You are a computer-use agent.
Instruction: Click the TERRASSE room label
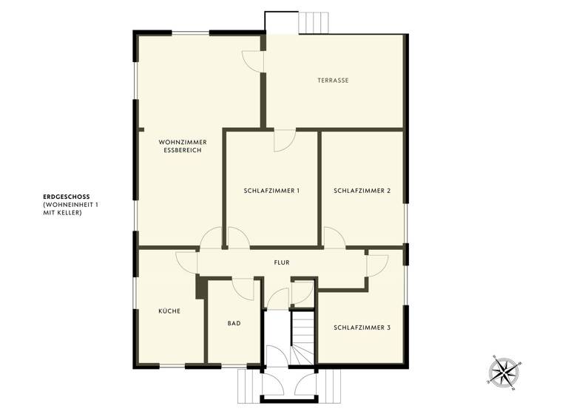(x=333, y=80)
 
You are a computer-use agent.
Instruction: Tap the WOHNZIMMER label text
(x=182, y=141)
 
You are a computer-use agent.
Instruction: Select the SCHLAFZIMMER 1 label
(x=271, y=191)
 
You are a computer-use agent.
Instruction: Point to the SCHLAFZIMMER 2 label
(x=362, y=191)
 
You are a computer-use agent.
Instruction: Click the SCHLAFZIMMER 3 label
(x=362, y=327)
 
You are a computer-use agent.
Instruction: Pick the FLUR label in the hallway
(x=281, y=262)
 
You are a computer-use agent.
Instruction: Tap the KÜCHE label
(x=169, y=311)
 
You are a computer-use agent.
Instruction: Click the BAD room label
(x=234, y=323)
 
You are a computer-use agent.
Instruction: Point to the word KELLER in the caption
(x=68, y=213)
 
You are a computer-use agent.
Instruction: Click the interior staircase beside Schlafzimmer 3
(x=302, y=336)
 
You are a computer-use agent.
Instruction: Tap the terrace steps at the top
(x=314, y=23)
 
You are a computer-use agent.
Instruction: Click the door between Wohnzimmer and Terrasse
(x=254, y=61)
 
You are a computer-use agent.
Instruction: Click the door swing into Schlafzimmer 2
(x=334, y=237)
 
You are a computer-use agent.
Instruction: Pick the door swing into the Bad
(x=243, y=287)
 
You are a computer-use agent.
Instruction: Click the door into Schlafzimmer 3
(x=376, y=264)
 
